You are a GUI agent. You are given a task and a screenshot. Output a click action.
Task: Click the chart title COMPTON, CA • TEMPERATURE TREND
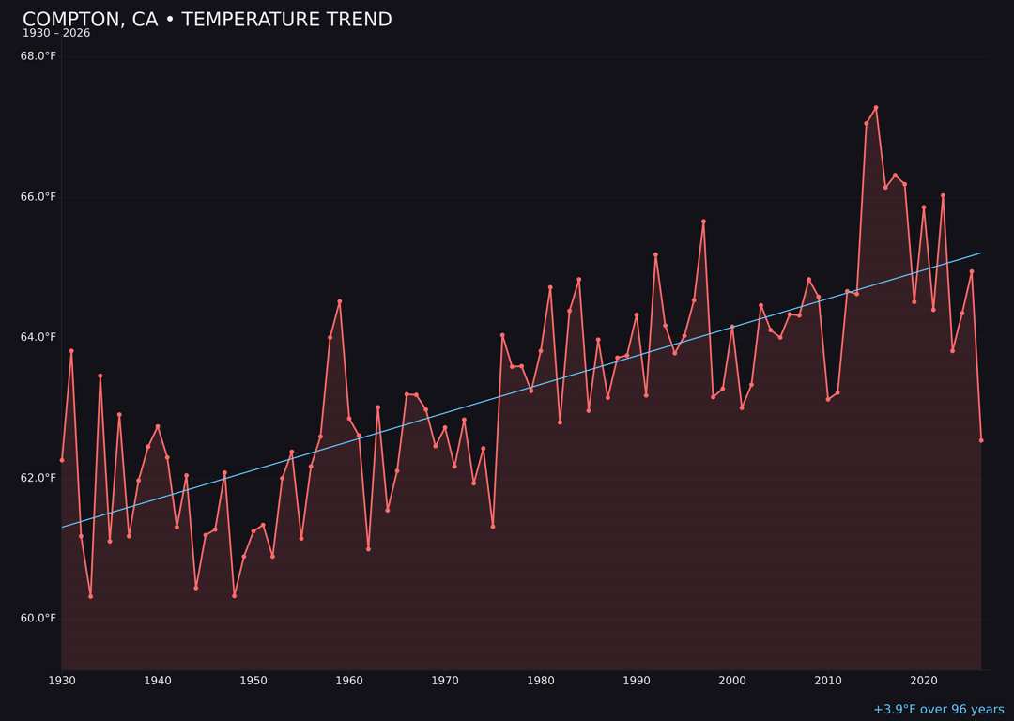tap(207, 20)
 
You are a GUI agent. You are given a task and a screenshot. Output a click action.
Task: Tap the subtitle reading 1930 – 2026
tap(56, 34)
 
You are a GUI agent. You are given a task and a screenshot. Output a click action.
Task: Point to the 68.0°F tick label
tap(38, 56)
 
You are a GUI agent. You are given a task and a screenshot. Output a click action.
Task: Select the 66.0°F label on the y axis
tap(38, 197)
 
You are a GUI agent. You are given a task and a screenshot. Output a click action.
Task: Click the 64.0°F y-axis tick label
tap(38, 337)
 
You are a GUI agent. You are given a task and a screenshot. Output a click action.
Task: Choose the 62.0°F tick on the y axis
tap(38, 478)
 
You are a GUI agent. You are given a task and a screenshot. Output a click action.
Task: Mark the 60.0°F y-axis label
tap(38, 618)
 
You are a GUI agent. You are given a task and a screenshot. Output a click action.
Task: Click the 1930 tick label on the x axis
tap(62, 681)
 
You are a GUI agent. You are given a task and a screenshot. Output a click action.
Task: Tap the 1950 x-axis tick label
tap(253, 681)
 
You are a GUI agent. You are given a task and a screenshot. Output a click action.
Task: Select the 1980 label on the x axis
tap(541, 681)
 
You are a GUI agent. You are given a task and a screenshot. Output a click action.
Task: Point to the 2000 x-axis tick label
tap(732, 681)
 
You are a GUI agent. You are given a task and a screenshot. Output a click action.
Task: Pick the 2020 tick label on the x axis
tap(924, 681)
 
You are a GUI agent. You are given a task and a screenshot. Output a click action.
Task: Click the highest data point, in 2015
tap(876, 108)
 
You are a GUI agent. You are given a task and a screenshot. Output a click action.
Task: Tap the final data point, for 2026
tap(981, 440)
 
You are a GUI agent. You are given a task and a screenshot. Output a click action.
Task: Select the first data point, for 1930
tap(62, 460)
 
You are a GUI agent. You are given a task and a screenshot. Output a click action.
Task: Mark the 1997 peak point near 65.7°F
tap(703, 222)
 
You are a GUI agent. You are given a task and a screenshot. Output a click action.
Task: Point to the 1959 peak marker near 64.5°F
tap(340, 301)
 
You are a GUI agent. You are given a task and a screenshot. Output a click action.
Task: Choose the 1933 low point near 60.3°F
tap(91, 596)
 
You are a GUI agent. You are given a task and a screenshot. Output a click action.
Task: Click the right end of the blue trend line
tap(981, 253)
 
